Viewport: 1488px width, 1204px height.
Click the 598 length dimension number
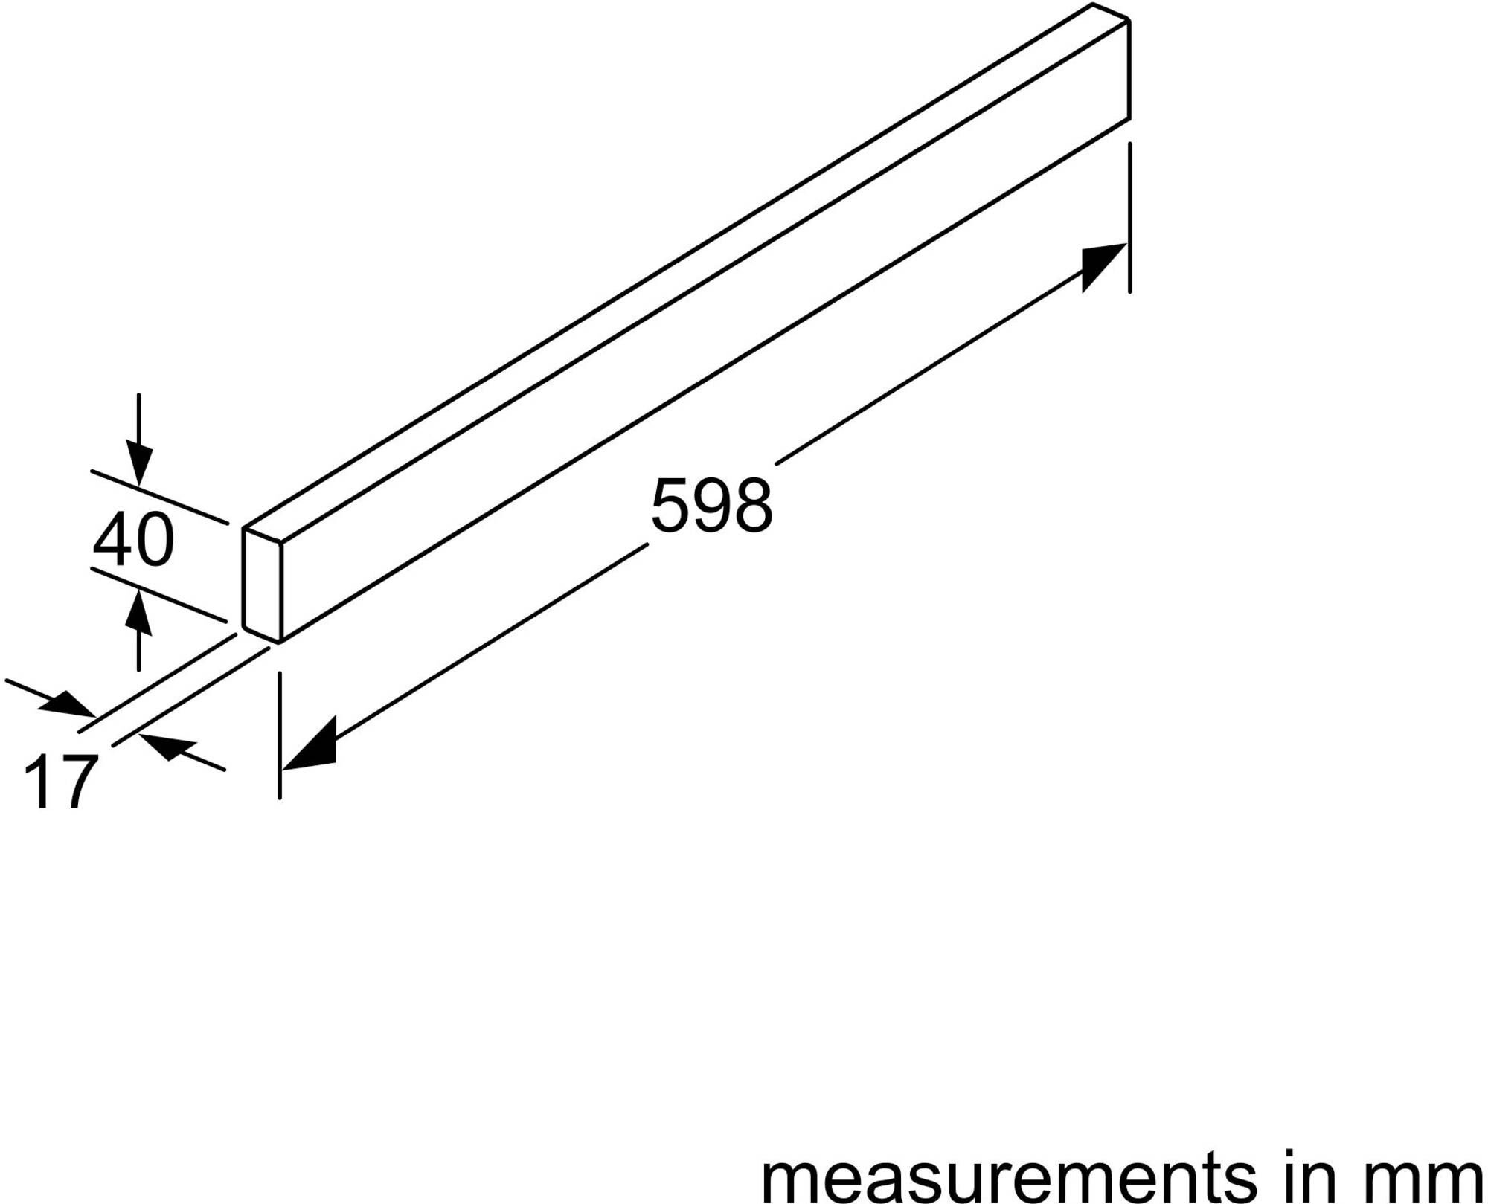(712, 506)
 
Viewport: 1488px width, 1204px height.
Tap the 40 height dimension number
(134, 540)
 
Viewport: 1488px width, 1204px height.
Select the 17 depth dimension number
(61, 782)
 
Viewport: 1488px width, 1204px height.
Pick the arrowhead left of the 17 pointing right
(67, 704)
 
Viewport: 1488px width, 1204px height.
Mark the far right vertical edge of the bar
(1129, 71)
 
